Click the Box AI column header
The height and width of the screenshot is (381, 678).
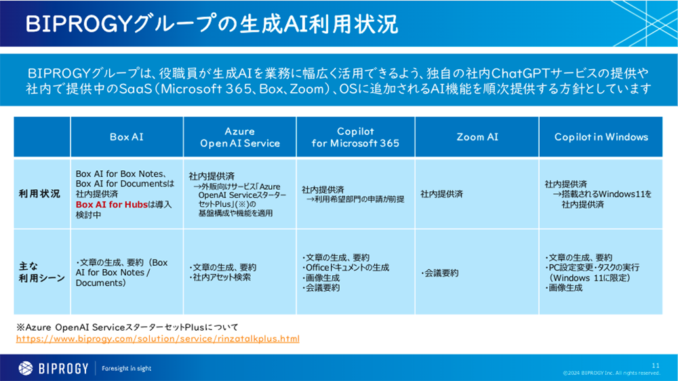[127, 137]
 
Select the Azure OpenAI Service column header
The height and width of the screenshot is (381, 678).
[239, 137]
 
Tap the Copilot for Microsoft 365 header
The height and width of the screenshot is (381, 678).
[355, 137]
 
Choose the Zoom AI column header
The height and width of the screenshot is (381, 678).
[477, 137]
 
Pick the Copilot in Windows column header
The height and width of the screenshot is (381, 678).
[601, 137]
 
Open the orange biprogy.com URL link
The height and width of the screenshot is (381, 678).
[157, 338]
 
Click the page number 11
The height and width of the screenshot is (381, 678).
[655, 365]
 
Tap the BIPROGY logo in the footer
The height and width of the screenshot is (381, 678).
[54, 368]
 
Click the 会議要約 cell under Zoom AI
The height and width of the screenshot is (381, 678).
[441, 273]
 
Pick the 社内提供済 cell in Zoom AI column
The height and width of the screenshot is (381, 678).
[441, 194]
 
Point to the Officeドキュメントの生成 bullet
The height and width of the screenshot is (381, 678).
[346, 268]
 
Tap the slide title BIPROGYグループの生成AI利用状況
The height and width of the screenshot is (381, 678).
[212, 24]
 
